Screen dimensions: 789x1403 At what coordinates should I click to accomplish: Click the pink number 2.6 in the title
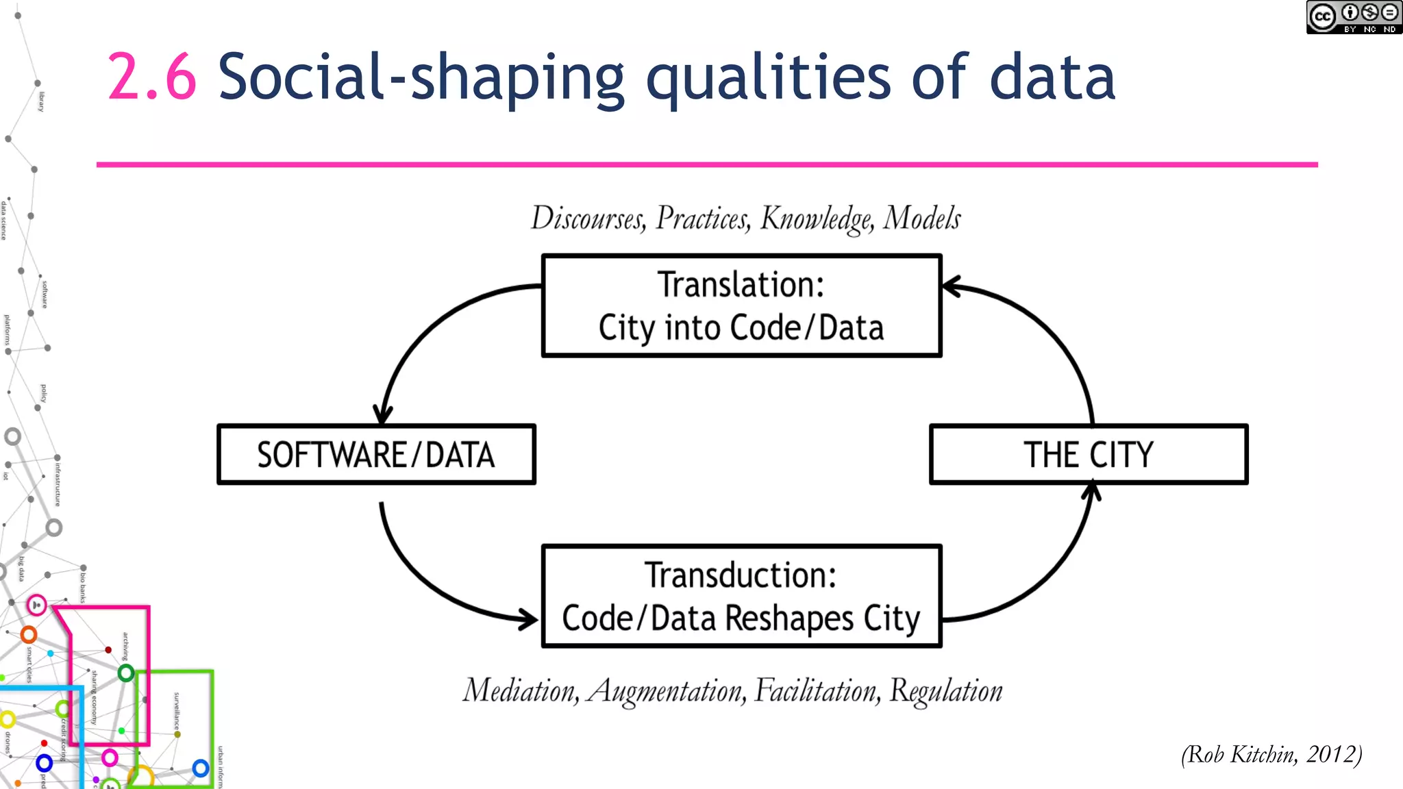(x=152, y=77)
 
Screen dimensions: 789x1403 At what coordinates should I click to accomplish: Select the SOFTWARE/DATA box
(x=376, y=455)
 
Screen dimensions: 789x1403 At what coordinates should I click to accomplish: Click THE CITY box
(x=1089, y=455)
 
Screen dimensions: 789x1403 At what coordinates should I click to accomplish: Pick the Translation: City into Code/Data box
(x=741, y=305)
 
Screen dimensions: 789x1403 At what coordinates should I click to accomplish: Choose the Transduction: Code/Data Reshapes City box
(x=741, y=596)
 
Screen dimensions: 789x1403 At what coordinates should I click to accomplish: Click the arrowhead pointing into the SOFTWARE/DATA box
(x=382, y=415)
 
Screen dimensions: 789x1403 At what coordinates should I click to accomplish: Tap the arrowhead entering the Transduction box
(x=529, y=620)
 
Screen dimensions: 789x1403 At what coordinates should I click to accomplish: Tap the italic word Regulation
(x=945, y=690)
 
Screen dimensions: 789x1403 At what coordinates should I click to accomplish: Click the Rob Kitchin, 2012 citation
(x=1271, y=754)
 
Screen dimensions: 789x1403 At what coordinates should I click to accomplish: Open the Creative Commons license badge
(x=1353, y=17)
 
